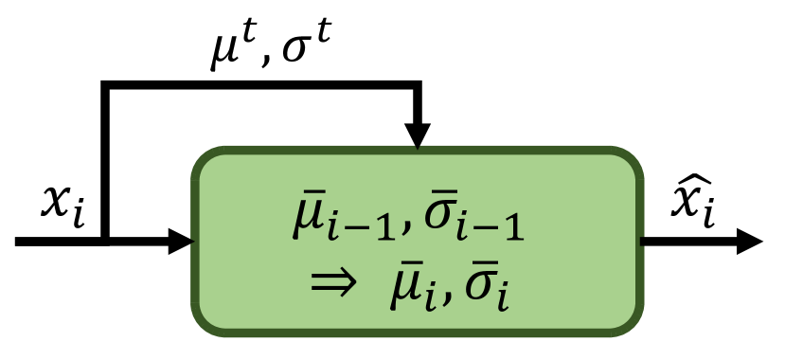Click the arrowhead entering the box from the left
click(180, 241)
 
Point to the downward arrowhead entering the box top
click(417, 135)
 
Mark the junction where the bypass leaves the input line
click(105, 241)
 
